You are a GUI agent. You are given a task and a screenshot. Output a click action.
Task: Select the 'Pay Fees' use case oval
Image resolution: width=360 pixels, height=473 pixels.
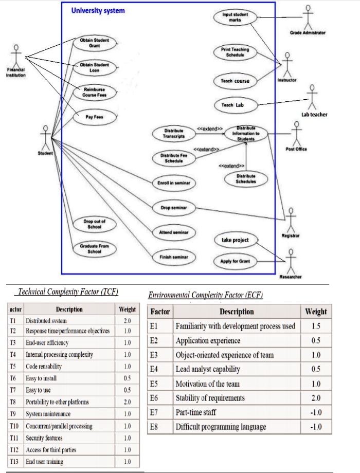pos(94,117)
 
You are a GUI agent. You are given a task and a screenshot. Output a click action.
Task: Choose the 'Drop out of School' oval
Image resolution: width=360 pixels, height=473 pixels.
pos(94,224)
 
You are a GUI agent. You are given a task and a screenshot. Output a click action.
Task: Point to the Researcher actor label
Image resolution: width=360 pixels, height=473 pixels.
pos(291,277)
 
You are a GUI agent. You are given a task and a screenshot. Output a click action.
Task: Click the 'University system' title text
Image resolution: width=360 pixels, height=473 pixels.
pos(98,10)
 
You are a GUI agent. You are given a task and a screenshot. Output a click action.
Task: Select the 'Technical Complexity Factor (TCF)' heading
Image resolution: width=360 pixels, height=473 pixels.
pos(68,292)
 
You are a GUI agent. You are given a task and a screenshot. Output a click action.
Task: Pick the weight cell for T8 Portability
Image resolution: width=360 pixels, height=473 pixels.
pos(127,402)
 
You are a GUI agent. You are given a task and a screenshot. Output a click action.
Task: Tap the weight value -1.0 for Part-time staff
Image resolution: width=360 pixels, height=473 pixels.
pos(315,412)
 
